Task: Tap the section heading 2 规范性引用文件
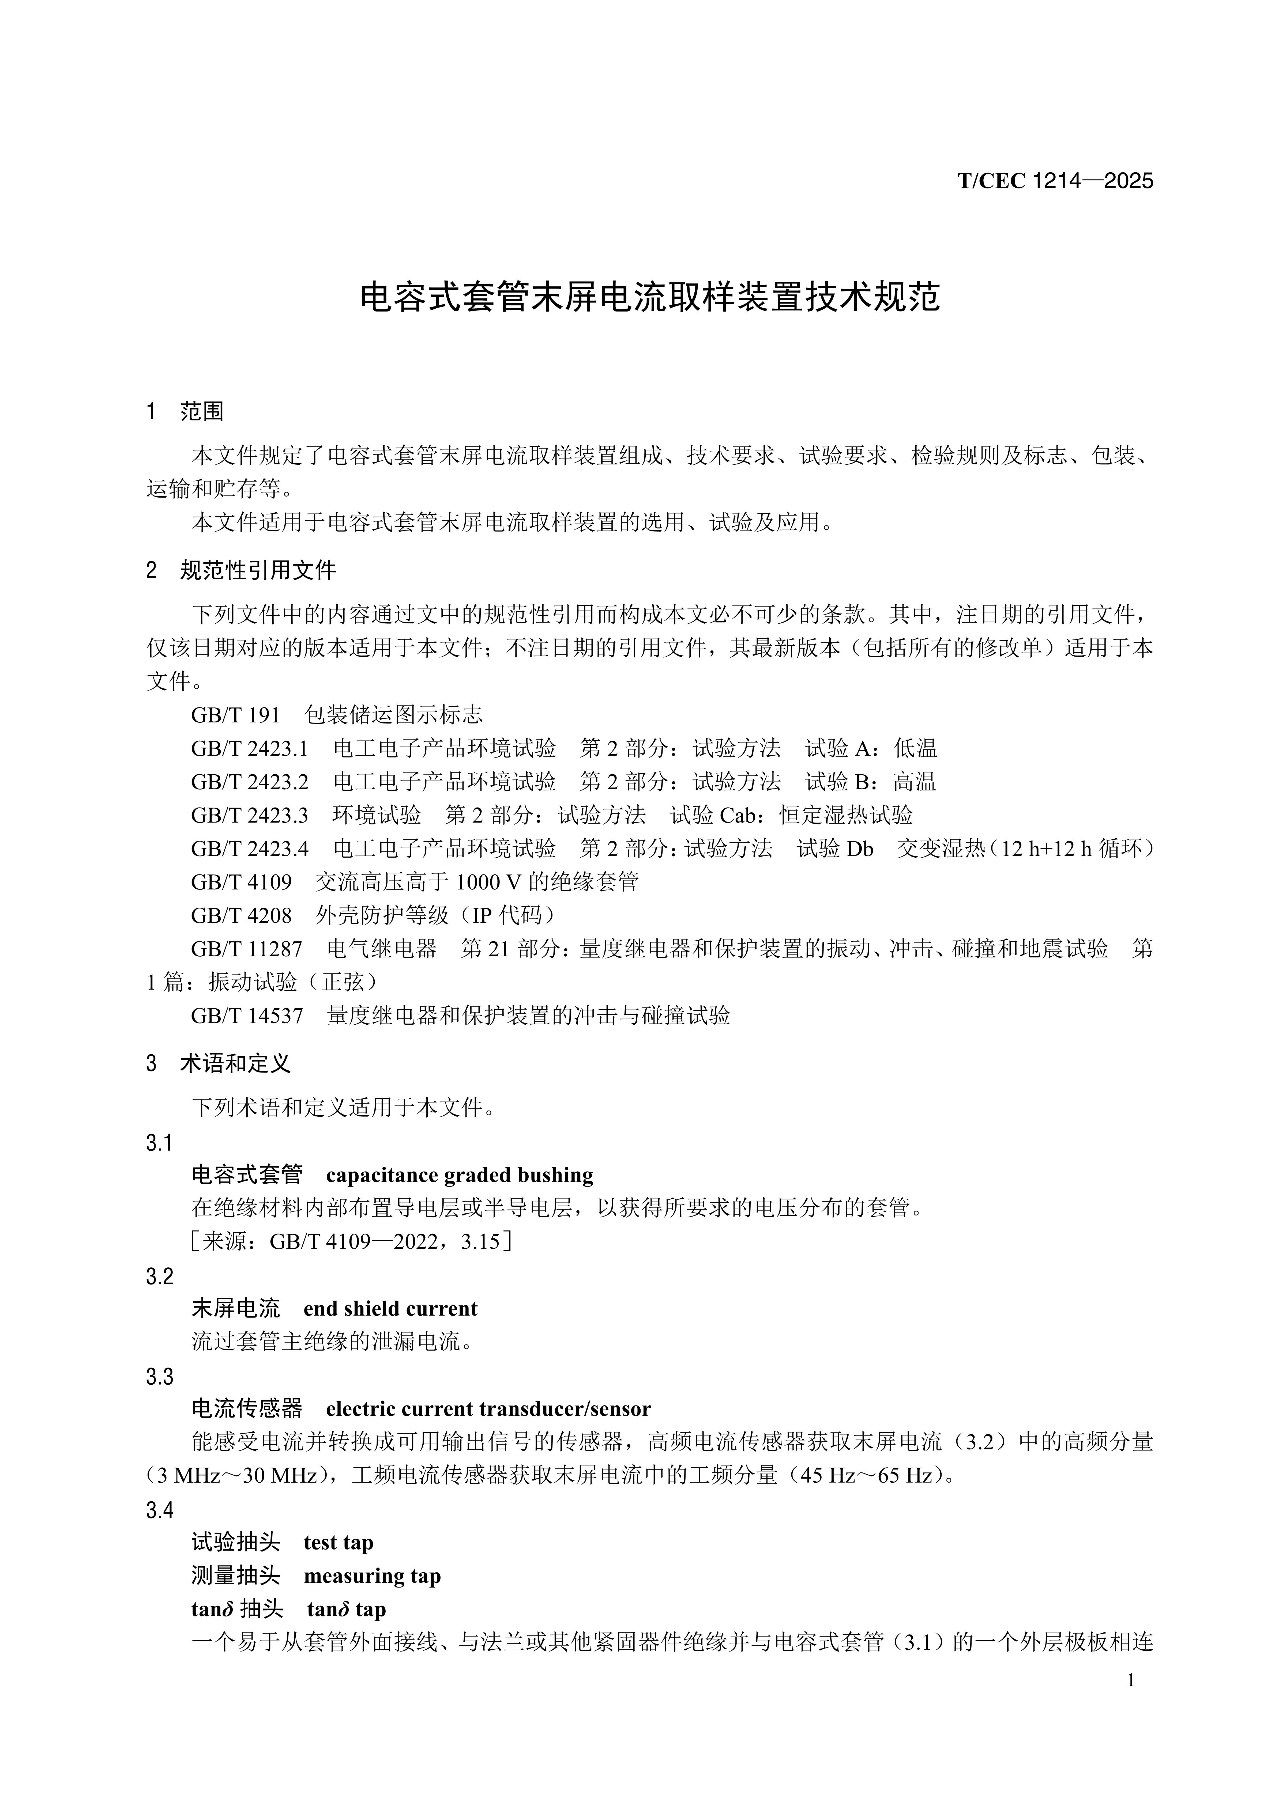click(x=241, y=570)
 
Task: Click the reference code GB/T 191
click(x=236, y=715)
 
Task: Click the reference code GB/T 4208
click(x=241, y=915)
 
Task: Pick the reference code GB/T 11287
click(x=247, y=949)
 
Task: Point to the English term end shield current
click(x=390, y=1308)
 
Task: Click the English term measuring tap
click(x=372, y=1576)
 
